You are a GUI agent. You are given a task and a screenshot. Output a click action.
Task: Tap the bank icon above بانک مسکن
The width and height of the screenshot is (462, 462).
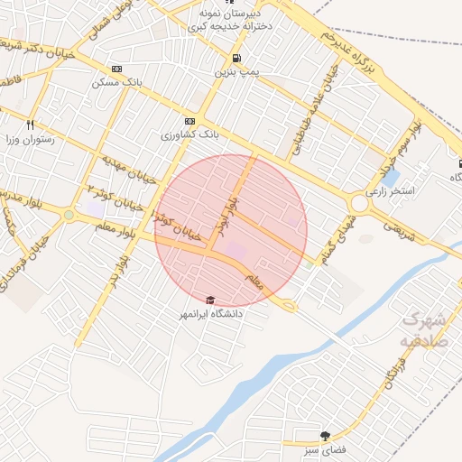115,69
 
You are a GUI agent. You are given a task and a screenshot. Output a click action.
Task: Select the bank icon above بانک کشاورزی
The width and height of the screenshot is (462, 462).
189,121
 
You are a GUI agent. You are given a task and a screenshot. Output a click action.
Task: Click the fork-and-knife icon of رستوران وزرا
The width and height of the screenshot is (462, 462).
31,125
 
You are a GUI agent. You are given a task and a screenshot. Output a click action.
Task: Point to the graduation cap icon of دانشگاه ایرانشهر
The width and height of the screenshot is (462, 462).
211,300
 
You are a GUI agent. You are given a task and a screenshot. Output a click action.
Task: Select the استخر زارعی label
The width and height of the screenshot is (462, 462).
390,192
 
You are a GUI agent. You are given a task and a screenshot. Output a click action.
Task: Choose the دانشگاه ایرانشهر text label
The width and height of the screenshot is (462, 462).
213,315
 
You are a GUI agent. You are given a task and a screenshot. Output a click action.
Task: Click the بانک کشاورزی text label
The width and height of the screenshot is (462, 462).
190,135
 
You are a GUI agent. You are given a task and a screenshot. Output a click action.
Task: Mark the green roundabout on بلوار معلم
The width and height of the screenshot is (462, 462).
69,215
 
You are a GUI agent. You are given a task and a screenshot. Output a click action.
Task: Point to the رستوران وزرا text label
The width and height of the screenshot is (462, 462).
31,140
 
